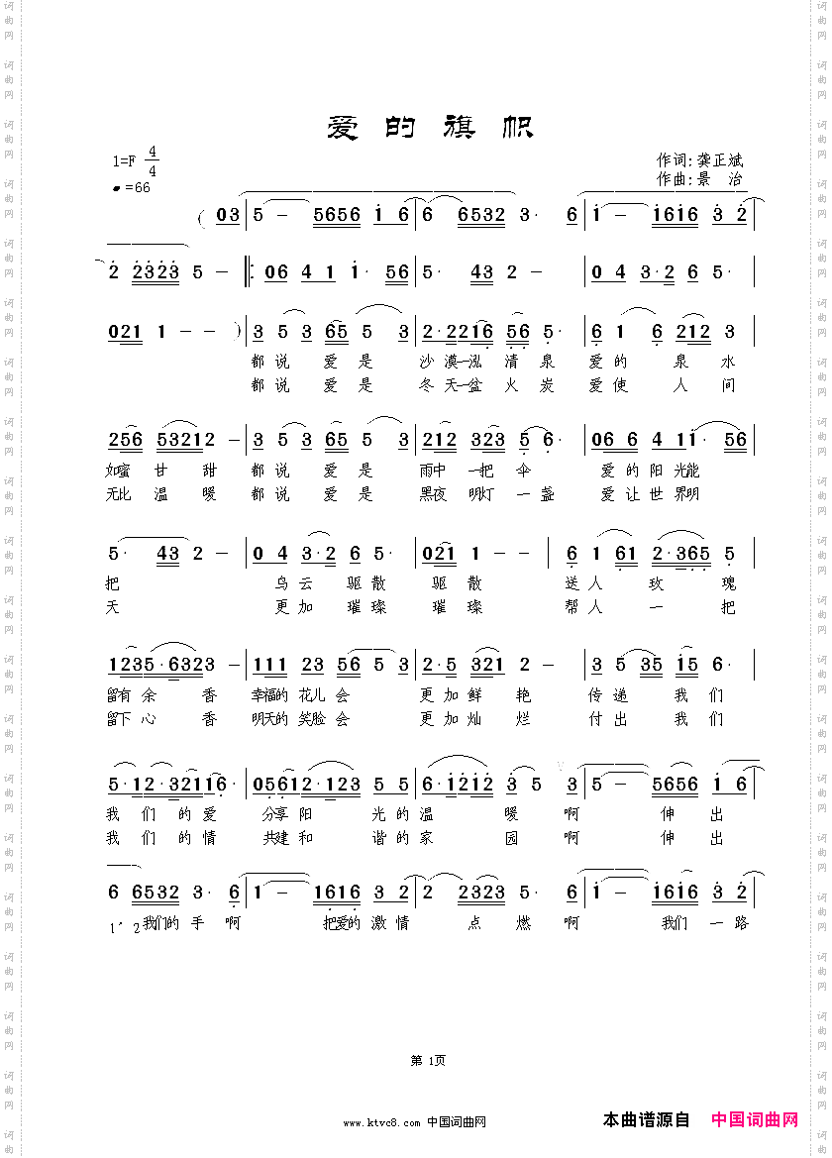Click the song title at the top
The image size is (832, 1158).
(430, 128)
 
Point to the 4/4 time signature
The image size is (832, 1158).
(152, 160)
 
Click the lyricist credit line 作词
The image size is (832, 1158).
(699, 159)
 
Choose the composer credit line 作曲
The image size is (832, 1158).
(699, 179)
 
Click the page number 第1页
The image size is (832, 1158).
(427, 1060)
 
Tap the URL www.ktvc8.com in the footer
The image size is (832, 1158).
(382, 1122)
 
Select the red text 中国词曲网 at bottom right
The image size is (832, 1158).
(755, 1119)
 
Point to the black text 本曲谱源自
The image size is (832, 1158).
(646, 1119)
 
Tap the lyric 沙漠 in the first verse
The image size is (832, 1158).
(436, 361)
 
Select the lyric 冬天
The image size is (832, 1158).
(436, 385)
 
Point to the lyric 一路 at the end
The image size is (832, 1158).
(730, 923)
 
